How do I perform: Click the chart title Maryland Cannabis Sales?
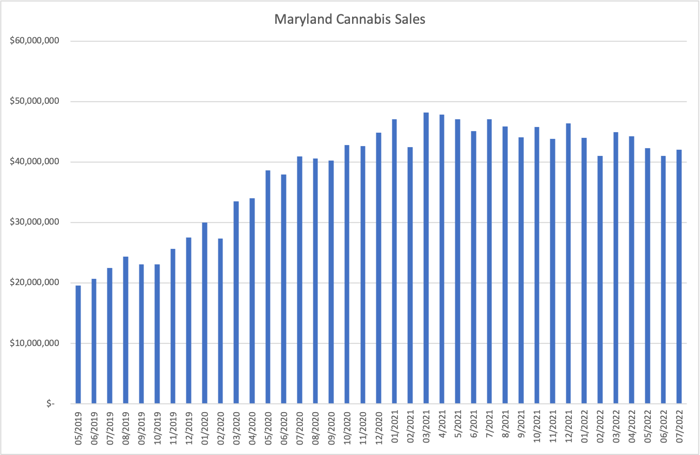pyautogui.click(x=349, y=20)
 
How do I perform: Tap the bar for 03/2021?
pyautogui.click(x=426, y=258)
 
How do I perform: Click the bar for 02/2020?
pyautogui.click(x=220, y=321)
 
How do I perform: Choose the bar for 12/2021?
pyautogui.click(x=568, y=263)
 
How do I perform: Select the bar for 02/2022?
pyautogui.click(x=600, y=279)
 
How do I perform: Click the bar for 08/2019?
pyautogui.click(x=125, y=330)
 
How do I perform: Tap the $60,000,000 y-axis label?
pyautogui.click(x=35, y=41)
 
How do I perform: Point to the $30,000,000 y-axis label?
pyautogui.click(x=35, y=223)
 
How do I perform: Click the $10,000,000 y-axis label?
pyautogui.click(x=35, y=343)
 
